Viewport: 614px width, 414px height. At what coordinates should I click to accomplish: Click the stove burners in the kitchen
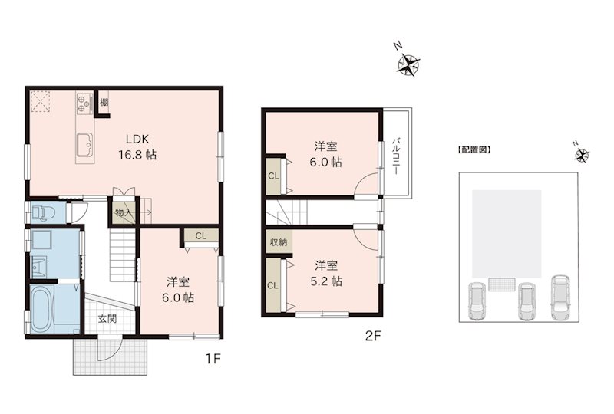pos(84,103)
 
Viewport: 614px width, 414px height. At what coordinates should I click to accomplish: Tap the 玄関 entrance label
pos(107,318)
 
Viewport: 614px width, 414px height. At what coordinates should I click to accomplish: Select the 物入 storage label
pos(123,212)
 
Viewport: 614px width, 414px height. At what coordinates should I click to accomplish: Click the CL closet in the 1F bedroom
pos(200,236)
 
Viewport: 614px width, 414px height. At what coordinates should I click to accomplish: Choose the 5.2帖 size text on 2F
pos(327,281)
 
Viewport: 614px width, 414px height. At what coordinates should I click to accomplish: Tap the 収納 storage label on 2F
pos(277,242)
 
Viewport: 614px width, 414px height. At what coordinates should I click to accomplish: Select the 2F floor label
pos(372,335)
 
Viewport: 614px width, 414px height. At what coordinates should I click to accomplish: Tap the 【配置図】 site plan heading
pos(473,150)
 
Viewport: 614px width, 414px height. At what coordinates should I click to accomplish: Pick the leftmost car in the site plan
pos(476,302)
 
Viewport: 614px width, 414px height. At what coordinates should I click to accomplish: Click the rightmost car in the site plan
pos(560,297)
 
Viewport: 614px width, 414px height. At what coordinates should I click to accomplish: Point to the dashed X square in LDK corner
pos(40,100)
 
